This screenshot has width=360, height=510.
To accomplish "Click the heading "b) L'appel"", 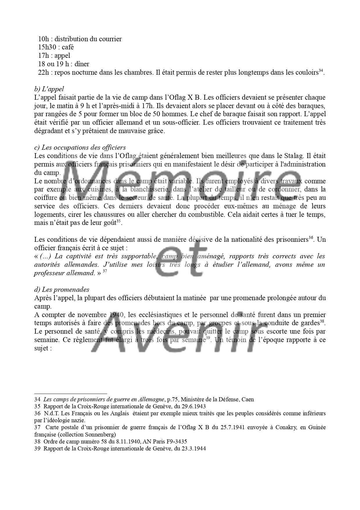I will [x=49, y=89].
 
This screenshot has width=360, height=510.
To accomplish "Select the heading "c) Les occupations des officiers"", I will [x=80, y=147].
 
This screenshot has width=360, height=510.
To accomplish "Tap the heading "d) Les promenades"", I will [x=62, y=289].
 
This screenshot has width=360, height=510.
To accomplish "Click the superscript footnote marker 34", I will [x=321, y=71].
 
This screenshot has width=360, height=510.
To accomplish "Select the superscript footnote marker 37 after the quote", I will [x=105, y=271].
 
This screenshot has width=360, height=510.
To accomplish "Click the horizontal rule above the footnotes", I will [x=71, y=393].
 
